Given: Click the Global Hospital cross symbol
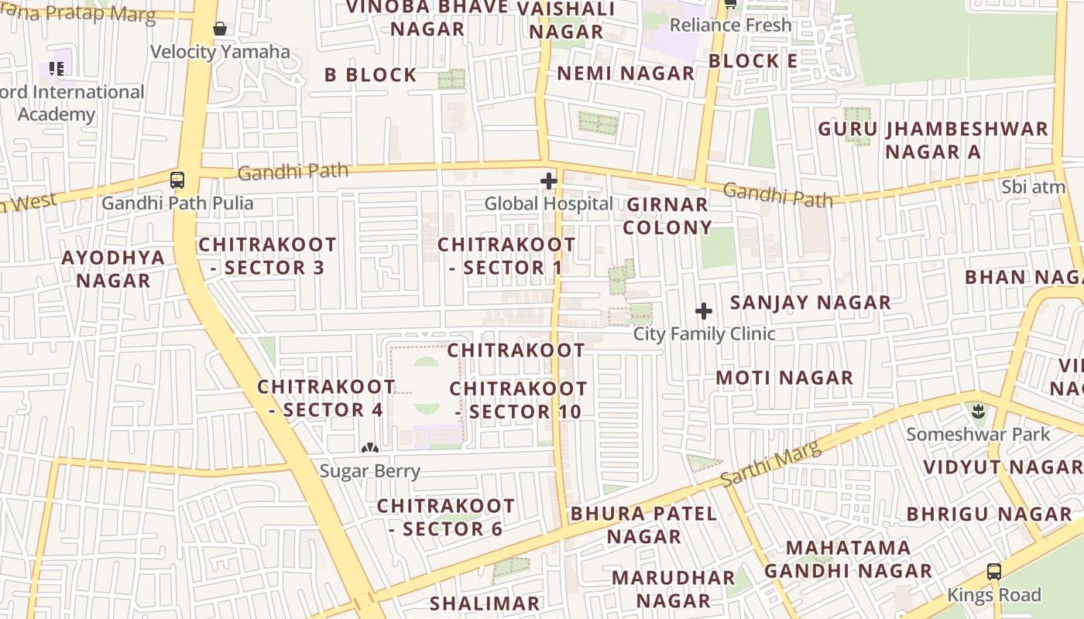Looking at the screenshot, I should click(x=549, y=182).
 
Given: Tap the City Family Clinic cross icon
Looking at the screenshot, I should click(x=704, y=311).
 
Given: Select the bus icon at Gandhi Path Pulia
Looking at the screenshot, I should click(x=177, y=180).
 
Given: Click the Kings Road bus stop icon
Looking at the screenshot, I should click(x=994, y=573).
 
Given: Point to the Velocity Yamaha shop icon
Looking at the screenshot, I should click(x=220, y=29).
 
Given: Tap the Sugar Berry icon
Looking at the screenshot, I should click(x=370, y=447).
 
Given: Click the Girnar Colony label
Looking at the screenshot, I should click(x=667, y=216).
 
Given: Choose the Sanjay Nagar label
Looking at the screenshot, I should click(x=811, y=303).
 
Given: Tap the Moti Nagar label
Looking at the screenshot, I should click(x=784, y=378).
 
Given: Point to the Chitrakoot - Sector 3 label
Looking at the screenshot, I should click(x=267, y=256).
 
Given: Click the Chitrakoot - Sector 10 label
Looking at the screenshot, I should click(x=518, y=400).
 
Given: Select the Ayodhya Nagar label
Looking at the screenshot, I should click(x=113, y=268).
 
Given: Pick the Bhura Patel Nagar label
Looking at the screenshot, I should click(x=644, y=525).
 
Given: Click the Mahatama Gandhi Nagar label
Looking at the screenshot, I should click(x=848, y=559).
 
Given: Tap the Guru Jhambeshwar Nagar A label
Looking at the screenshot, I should click(x=933, y=140).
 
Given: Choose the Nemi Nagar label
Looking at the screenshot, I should click(x=626, y=74).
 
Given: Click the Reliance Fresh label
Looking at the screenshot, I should click(x=730, y=25).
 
